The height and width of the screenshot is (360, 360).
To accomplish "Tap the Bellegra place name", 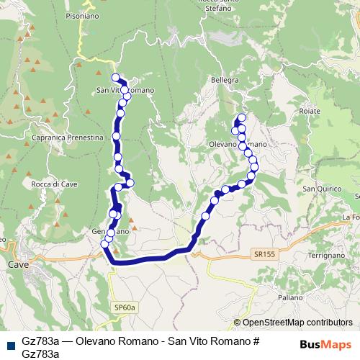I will coord(224,80).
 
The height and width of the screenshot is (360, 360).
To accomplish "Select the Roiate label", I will coord(310,112).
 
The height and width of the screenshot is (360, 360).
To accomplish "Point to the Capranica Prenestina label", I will coord(55,137).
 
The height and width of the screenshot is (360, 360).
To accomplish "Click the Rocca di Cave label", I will coord(50,184).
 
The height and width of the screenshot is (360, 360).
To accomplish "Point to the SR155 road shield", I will coord(264,254).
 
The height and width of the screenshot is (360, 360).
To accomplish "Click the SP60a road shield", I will coord(125,307).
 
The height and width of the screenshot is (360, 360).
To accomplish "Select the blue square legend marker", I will coord(11,345).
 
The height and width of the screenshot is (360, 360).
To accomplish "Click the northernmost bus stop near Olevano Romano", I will coord(242,117).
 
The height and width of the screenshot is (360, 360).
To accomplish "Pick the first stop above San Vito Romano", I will coord(115,77).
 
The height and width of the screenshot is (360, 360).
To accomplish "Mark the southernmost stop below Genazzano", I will coord(105,244).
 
